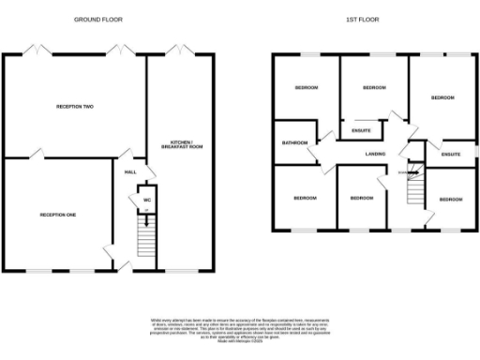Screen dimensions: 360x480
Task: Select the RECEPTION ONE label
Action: coord(58,215)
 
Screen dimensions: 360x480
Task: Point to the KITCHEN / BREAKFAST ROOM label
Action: coord(183,144)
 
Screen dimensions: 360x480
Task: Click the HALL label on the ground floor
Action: coord(130,172)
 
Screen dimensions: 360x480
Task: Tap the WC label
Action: coord(146,200)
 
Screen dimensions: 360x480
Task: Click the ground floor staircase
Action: coord(144,238)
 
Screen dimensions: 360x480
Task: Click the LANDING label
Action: coord(376,153)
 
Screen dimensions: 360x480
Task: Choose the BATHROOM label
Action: coord(295,143)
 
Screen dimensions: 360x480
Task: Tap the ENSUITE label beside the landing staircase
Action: coord(451,153)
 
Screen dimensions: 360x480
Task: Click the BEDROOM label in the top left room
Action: coord(307,88)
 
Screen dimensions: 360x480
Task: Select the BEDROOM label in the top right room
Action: coord(442,97)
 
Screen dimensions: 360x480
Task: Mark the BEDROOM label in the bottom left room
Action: coord(304,198)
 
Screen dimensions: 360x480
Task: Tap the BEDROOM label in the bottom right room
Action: coord(451,199)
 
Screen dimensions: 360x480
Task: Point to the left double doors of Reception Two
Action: coord(37,49)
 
